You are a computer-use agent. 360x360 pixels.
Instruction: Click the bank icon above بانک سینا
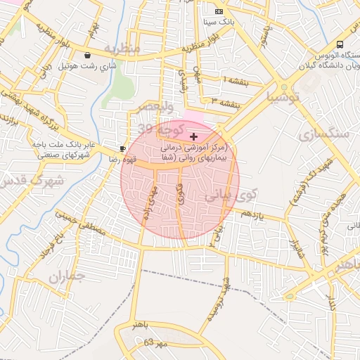pyautogui.click(x=219, y=12)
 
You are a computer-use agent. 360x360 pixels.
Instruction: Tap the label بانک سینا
pyautogui.click(x=219, y=22)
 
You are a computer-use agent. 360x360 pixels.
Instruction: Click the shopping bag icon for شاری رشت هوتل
pyautogui.click(x=87, y=55)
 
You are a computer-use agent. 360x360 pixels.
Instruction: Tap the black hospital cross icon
pyautogui.click(x=194, y=135)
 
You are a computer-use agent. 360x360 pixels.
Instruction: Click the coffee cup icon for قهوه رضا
pyautogui.click(x=122, y=149)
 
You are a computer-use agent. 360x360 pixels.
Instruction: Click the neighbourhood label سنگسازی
pyautogui.click(x=323, y=134)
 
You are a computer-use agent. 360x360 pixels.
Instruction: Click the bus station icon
pyautogui.click(x=340, y=44)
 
